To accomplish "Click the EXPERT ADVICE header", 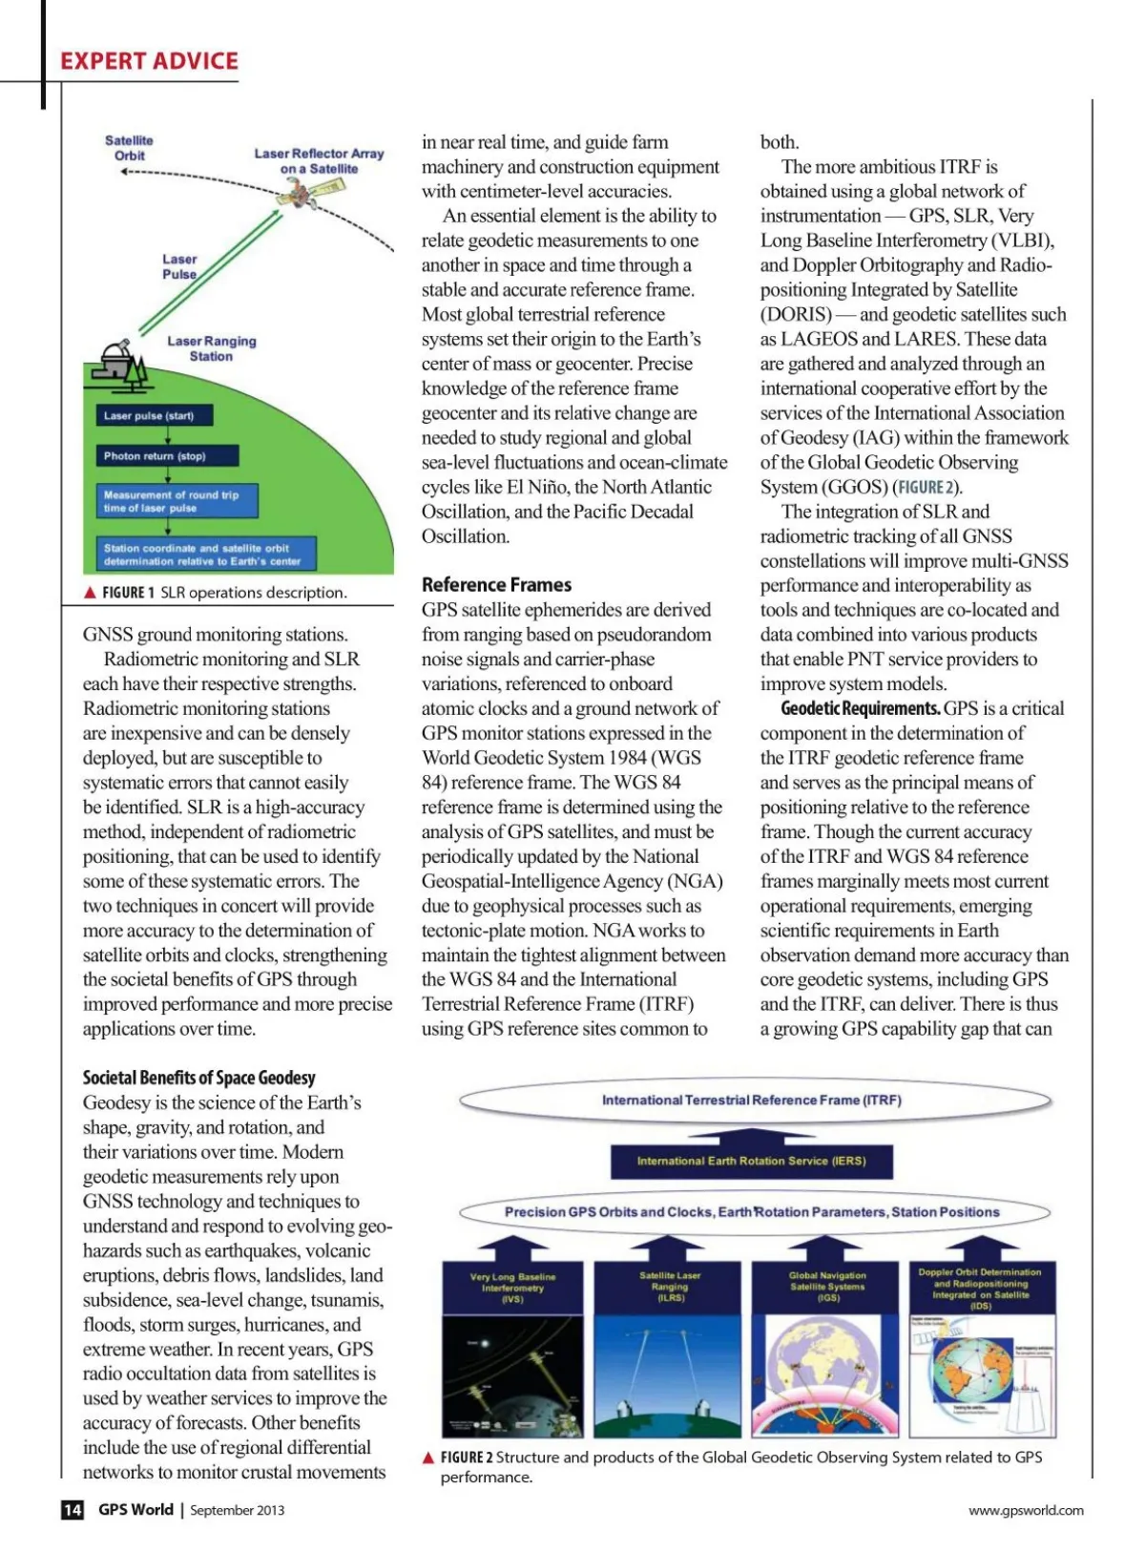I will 149,61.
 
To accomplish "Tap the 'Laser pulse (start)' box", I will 154,415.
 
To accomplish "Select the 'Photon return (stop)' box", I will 166,456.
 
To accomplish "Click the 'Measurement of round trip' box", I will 177,501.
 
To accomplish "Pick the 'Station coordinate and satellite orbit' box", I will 205,555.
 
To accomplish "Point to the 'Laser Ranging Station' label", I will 211,348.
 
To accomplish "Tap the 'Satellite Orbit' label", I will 129,148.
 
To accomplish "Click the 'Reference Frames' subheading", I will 496,584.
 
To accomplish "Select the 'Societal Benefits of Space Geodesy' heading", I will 198,1078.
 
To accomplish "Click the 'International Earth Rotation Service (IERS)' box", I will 751,1162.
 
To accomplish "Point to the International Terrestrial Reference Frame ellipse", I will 752,1101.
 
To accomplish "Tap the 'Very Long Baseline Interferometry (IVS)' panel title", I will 513,1288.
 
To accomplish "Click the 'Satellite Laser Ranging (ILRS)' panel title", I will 670,1287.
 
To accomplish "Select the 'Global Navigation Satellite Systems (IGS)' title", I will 827,1287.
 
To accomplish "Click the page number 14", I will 73,1510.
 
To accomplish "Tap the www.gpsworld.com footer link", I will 1026,1510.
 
